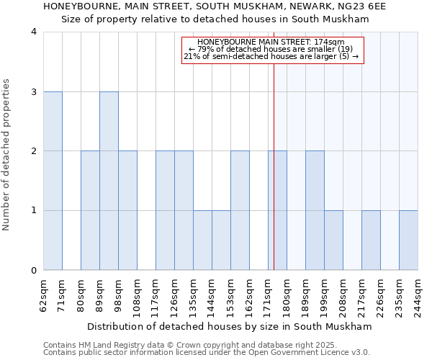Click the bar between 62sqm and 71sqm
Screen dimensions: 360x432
(x=53, y=181)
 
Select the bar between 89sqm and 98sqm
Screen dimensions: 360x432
(x=109, y=181)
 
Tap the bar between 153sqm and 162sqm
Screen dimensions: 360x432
(x=240, y=210)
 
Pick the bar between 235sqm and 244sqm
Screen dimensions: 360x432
(x=408, y=240)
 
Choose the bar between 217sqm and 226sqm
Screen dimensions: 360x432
(x=371, y=240)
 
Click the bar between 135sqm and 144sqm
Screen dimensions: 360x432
(x=202, y=240)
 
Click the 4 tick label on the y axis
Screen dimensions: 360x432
(x=34, y=32)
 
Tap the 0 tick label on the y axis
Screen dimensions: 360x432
(x=34, y=270)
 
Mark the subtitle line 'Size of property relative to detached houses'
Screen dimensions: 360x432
(x=215, y=19)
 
